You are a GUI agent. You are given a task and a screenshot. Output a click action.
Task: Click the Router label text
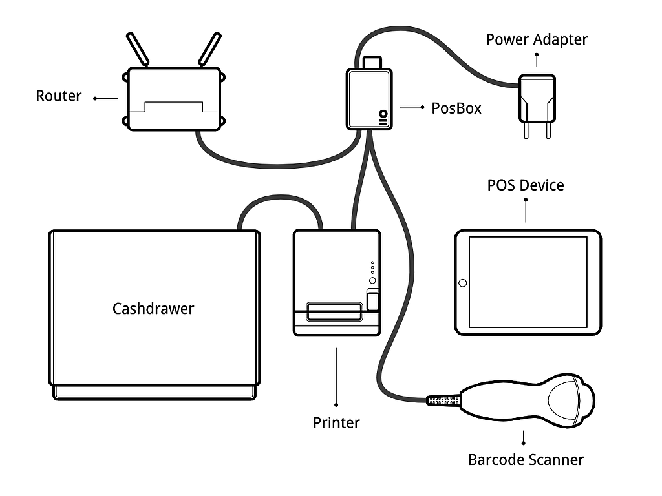(x=58, y=96)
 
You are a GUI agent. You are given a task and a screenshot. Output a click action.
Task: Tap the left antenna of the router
(x=138, y=48)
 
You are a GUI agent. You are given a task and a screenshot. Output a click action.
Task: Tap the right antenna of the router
(x=209, y=48)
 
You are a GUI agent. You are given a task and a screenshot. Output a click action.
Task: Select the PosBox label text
(x=456, y=108)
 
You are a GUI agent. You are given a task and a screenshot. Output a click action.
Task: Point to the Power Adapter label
(x=537, y=39)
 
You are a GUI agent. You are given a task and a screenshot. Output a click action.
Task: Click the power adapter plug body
(x=537, y=97)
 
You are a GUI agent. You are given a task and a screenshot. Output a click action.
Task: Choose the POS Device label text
(x=525, y=185)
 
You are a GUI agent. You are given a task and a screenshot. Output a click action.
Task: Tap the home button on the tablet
(x=463, y=283)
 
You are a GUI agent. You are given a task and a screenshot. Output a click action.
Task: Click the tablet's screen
(x=528, y=282)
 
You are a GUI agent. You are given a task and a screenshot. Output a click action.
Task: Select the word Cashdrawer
(x=153, y=308)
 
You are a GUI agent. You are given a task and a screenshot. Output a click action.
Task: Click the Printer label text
(x=336, y=423)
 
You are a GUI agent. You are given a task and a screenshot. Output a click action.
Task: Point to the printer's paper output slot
(x=334, y=311)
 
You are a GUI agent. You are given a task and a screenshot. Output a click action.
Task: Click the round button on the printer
(x=372, y=280)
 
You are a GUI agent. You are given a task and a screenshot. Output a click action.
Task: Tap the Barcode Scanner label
(x=526, y=460)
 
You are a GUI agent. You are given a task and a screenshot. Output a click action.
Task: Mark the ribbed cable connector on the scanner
(x=443, y=400)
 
